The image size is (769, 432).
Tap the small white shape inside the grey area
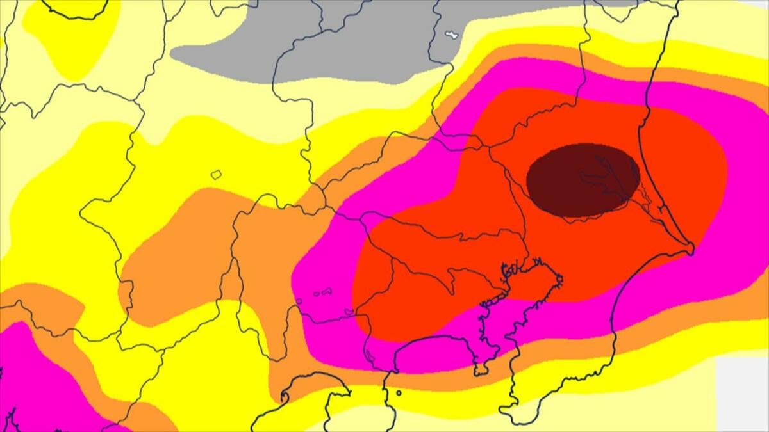[x=451, y=34]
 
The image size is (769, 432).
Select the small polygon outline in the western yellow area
[x=216, y=173]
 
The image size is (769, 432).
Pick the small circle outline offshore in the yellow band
[x=399, y=393]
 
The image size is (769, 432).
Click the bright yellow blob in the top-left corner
[x=70, y=38]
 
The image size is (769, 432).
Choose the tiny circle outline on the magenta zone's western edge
[x=299, y=301]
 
